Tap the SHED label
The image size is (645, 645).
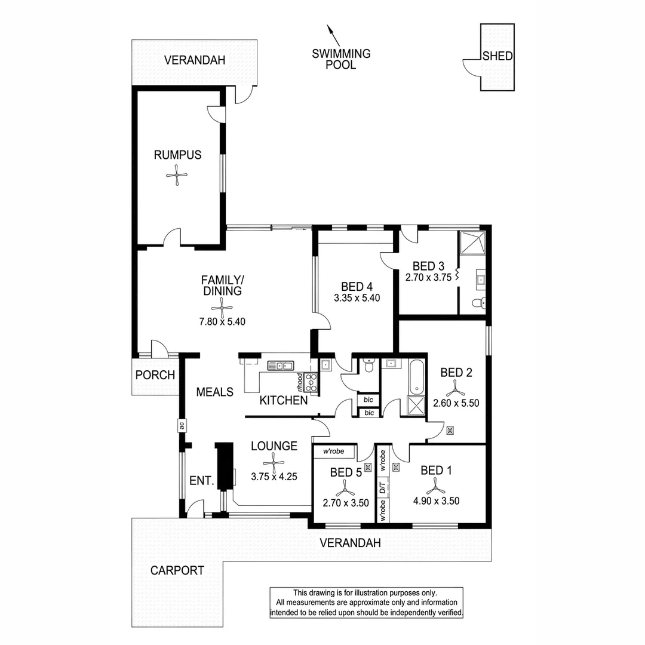497,56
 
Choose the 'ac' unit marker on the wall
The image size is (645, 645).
180,426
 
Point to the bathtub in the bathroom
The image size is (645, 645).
416,377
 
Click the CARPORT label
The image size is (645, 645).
177,570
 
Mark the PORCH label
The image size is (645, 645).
155,375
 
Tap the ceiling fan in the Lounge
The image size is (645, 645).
274,460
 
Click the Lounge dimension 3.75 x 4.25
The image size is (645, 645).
274,477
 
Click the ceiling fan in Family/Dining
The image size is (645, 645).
222,308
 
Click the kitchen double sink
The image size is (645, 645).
279,365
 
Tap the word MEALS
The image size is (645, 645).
214,392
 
